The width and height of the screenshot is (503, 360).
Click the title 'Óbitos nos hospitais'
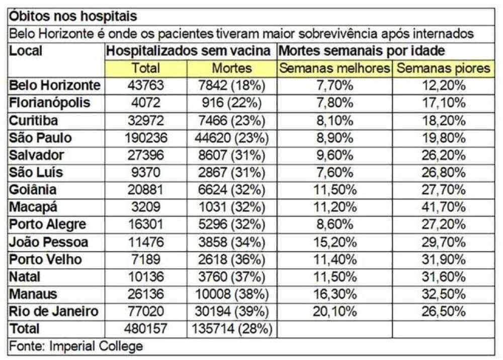pyautogui.click(x=73, y=17)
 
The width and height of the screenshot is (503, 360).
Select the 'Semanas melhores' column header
pyautogui.click(x=334, y=68)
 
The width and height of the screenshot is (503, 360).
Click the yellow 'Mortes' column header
pyautogui.click(x=231, y=68)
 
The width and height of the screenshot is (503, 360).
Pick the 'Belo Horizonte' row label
pyautogui.click(x=55, y=86)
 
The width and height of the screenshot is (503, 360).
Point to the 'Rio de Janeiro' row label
pyautogui.click(x=54, y=311)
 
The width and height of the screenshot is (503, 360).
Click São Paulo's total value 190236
pyautogui.click(x=145, y=137)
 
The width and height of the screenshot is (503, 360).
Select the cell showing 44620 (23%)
pyautogui.click(x=231, y=137)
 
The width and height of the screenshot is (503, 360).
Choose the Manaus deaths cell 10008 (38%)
pyautogui.click(x=231, y=294)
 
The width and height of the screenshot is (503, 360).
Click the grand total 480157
pyautogui.click(x=145, y=329)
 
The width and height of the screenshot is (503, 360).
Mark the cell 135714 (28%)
pyautogui.click(x=231, y=329)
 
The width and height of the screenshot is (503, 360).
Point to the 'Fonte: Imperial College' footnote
pyautogui.click(x=76, y=346)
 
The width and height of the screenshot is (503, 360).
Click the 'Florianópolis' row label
pyautogui.click(x=50, y=103)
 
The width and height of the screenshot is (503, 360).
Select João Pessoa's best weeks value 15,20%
pyautogui.click(x=334, y=242)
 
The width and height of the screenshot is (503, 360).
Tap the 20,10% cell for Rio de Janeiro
pyautogui.click(x=334, y=311)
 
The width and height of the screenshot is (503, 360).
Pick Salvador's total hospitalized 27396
pyautogui.click(x=145, y=155)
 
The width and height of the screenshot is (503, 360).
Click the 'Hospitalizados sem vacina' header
pyautogui.click(x=189, y=51)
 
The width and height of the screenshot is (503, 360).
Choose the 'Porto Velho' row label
pyautogui.click(x=46, y=259)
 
